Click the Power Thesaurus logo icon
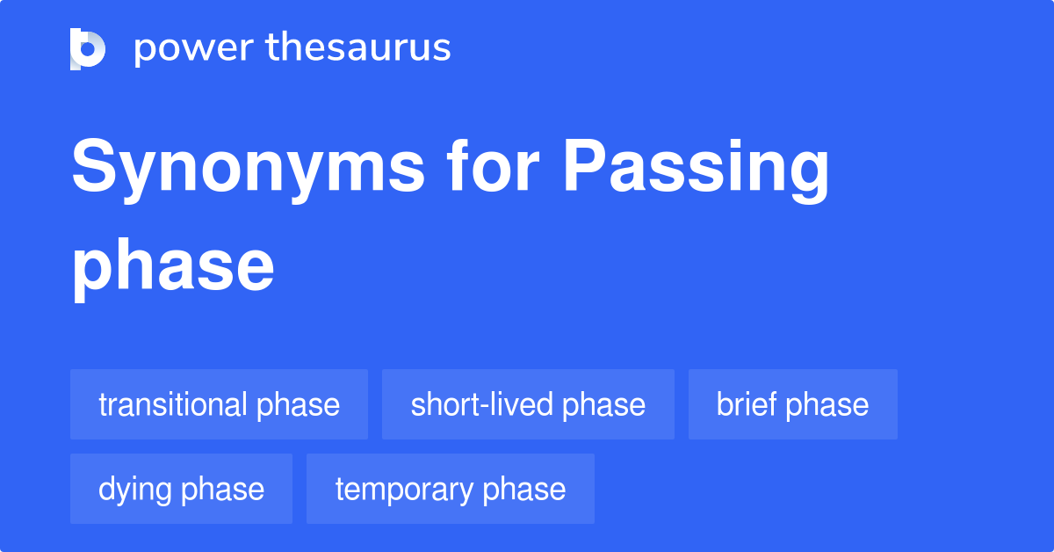(88, 48)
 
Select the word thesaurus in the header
(358, 48)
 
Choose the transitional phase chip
(219, 404)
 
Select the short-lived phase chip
(528, 404)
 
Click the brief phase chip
(792, 404)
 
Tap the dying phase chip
(181, 489)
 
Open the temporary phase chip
(450, 489)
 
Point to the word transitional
(173, 404)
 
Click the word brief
(747, 404)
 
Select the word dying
(135, 490)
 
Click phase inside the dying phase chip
(223, 490)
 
